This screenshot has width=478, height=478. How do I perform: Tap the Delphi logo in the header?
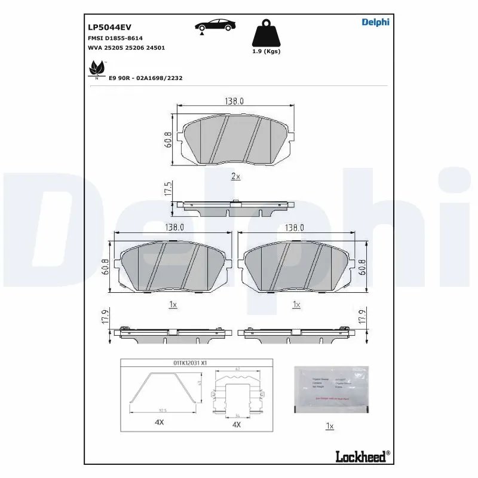375,22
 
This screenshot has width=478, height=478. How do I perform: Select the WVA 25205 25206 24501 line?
127,47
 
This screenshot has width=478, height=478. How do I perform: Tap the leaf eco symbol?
96,69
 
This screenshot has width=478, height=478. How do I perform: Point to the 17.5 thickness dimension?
168,190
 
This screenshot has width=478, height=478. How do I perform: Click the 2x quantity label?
235,176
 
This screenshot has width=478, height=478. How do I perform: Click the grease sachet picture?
332,388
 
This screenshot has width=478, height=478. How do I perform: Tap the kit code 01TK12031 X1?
190,362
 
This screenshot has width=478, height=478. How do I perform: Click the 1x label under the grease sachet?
329,426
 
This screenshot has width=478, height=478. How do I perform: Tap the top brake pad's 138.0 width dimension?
234,101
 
